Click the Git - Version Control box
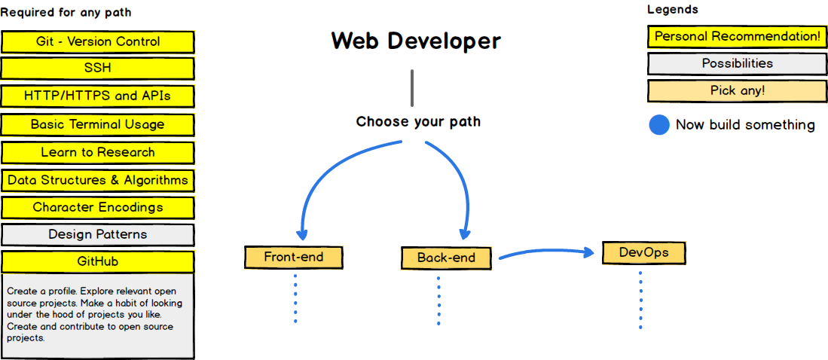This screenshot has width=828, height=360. [98, 41]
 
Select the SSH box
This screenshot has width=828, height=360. [98, 69]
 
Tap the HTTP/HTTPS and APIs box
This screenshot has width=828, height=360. [98, 96]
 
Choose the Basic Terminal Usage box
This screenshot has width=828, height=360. [98, 124]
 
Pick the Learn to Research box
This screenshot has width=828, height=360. [98, 153]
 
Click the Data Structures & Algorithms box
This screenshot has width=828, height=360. [98, 180]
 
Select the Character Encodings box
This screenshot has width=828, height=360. [98, 207]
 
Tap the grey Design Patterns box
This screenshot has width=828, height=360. [98, 234]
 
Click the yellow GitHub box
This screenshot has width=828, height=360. [98, 262]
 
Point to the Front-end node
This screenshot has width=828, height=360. [294, 258]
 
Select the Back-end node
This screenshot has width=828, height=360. [446, 258]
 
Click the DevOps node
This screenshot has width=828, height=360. [643, 253]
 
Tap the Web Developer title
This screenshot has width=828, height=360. [416, 41]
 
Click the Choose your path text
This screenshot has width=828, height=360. [418, 122]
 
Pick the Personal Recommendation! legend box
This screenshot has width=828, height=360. [737, 37]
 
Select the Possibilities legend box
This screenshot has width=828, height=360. [737, 64]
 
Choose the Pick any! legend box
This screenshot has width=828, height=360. [737, 91]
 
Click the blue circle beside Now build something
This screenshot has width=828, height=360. [659, 125]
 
